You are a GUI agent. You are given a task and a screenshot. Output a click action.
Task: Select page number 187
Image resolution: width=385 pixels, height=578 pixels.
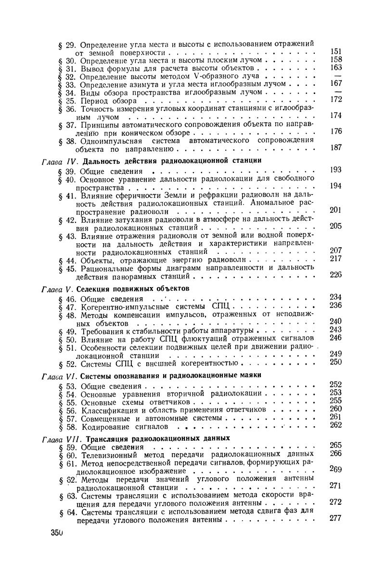336,147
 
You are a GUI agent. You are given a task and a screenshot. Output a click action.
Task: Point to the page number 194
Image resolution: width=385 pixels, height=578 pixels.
336,186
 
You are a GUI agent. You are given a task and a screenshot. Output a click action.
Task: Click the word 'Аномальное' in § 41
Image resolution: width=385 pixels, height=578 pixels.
272,203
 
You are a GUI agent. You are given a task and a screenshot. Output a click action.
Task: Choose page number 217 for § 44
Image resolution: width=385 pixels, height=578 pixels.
336,259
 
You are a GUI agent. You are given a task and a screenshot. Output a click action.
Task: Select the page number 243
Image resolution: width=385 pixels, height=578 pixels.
336,329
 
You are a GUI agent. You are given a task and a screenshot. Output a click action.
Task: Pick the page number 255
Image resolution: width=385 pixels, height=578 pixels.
336,400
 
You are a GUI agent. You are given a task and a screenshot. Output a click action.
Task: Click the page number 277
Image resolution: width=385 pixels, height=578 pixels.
336,518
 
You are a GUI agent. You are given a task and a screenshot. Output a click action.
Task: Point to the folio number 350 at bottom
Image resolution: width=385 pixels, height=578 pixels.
56,533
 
